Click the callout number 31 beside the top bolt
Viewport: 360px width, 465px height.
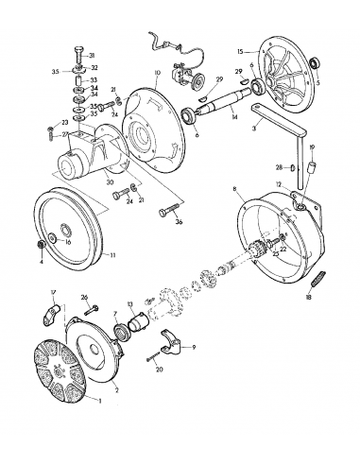click(92, 56)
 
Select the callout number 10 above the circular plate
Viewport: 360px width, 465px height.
click(158, 73)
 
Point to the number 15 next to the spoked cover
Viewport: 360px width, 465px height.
click(240, 50)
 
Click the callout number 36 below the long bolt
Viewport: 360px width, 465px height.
click(179, 223)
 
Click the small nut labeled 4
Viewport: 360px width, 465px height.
click(43, 248)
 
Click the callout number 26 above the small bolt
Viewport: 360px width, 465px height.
click(84, 297)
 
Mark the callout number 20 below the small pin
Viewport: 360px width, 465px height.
click(159, 369)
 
